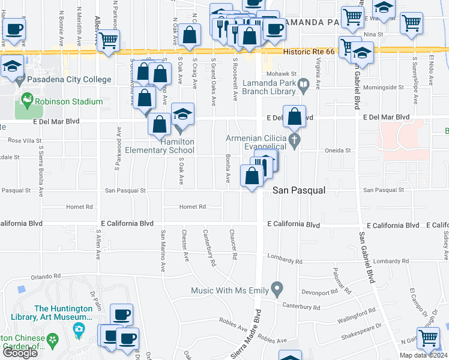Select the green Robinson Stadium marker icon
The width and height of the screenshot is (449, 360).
pos(26,98)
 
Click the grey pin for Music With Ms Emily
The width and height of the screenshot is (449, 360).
pos(277,290)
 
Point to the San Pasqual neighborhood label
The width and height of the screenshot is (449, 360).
pos(299,190)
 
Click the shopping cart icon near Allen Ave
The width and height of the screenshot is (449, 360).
pos(109,41)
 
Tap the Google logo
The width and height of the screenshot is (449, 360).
pos(20,353)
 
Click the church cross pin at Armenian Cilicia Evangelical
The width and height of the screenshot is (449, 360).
pos(294,141)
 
